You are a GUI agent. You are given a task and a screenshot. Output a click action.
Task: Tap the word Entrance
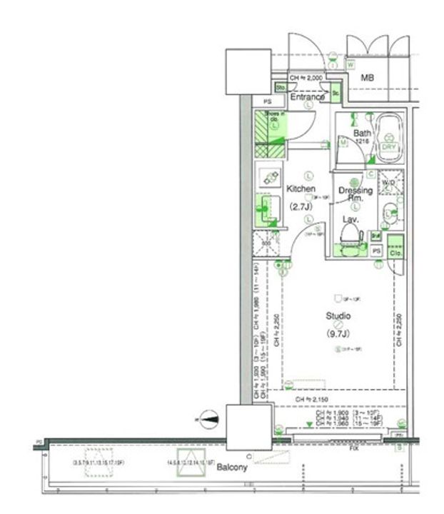point(307,97)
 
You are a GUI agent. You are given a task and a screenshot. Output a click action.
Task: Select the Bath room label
point(362,133)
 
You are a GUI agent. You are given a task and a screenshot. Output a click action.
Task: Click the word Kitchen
point(301,189)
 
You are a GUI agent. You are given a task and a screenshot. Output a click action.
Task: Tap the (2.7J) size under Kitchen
point(301,207)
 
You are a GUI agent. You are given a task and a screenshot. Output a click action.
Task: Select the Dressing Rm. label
point(355,194)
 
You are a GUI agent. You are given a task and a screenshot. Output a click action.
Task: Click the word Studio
point(338,316)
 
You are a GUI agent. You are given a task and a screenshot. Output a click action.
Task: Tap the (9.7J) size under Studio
point(338,333)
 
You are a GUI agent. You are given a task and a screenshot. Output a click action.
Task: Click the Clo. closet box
point(395,251)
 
